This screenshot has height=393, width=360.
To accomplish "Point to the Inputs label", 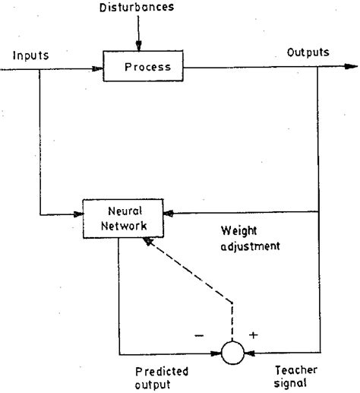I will (x=30, y=55).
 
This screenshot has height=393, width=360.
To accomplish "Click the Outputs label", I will (x=307, y=53).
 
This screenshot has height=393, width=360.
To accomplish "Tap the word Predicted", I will (x=162, y=372).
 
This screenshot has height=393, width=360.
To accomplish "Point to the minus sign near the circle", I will (x=200, y=333).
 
